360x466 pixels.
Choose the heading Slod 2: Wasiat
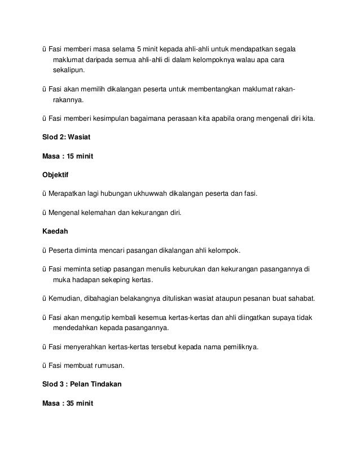(x=59, y=137)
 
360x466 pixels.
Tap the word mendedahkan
(x=77, y=328)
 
